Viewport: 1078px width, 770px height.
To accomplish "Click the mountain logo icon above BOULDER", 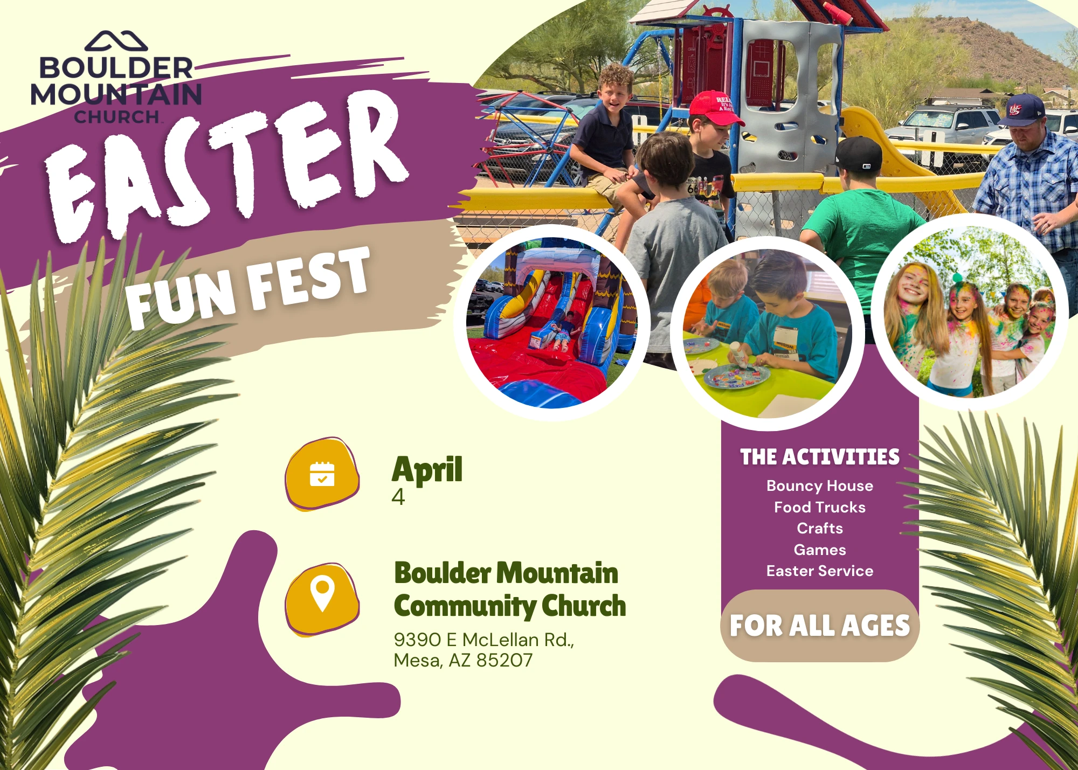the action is (116, 41).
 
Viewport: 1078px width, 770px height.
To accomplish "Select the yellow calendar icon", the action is (322, 474).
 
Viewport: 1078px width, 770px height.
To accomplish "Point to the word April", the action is (427, 469).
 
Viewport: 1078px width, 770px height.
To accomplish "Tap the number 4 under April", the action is (398, 496).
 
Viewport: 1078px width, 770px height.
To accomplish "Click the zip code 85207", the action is (505, 660).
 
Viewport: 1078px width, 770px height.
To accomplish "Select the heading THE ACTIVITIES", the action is (820, 457).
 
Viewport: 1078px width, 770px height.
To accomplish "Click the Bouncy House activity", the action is (820, 486).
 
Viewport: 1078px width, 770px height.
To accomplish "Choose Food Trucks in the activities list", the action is (820, 507).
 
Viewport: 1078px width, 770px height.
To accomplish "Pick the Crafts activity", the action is (820, 528).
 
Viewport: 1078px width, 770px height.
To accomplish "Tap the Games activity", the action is (820, 550).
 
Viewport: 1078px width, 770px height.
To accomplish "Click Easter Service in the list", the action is (820, 571).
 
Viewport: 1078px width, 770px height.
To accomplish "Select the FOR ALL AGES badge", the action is (820, 626).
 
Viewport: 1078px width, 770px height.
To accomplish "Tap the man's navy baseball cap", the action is (1022, 111).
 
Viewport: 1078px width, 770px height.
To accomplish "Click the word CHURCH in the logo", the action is (116, 116).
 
